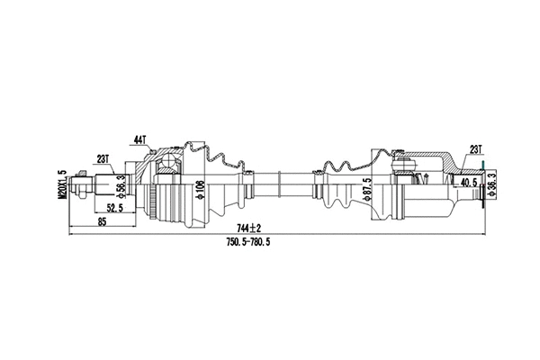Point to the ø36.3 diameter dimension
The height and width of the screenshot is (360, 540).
[491, 187]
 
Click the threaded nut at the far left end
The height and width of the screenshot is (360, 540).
[81, 189]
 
